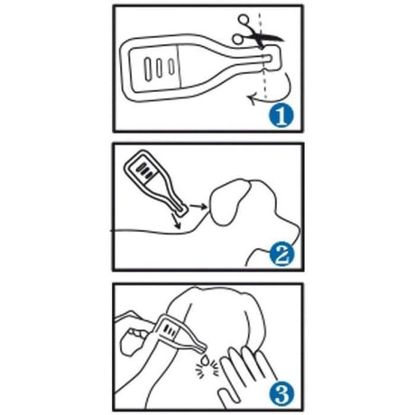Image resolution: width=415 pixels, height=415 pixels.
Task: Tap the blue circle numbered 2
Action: click(x=281, y=254)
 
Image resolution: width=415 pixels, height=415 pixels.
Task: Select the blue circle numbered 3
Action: click(x=281, y=393)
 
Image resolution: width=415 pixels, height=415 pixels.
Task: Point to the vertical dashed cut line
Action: click(x=263, y=56)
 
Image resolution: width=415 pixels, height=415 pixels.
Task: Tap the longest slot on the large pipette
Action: click(x=148, y=69)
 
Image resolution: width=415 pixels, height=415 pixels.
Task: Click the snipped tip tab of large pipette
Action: click(x=272, y=58)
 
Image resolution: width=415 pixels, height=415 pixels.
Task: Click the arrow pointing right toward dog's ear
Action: click(x=198, y=206)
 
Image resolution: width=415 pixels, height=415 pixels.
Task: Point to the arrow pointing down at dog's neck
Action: click(x=175, y=221)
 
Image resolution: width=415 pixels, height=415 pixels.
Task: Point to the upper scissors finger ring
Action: click(x=244, y=20)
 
